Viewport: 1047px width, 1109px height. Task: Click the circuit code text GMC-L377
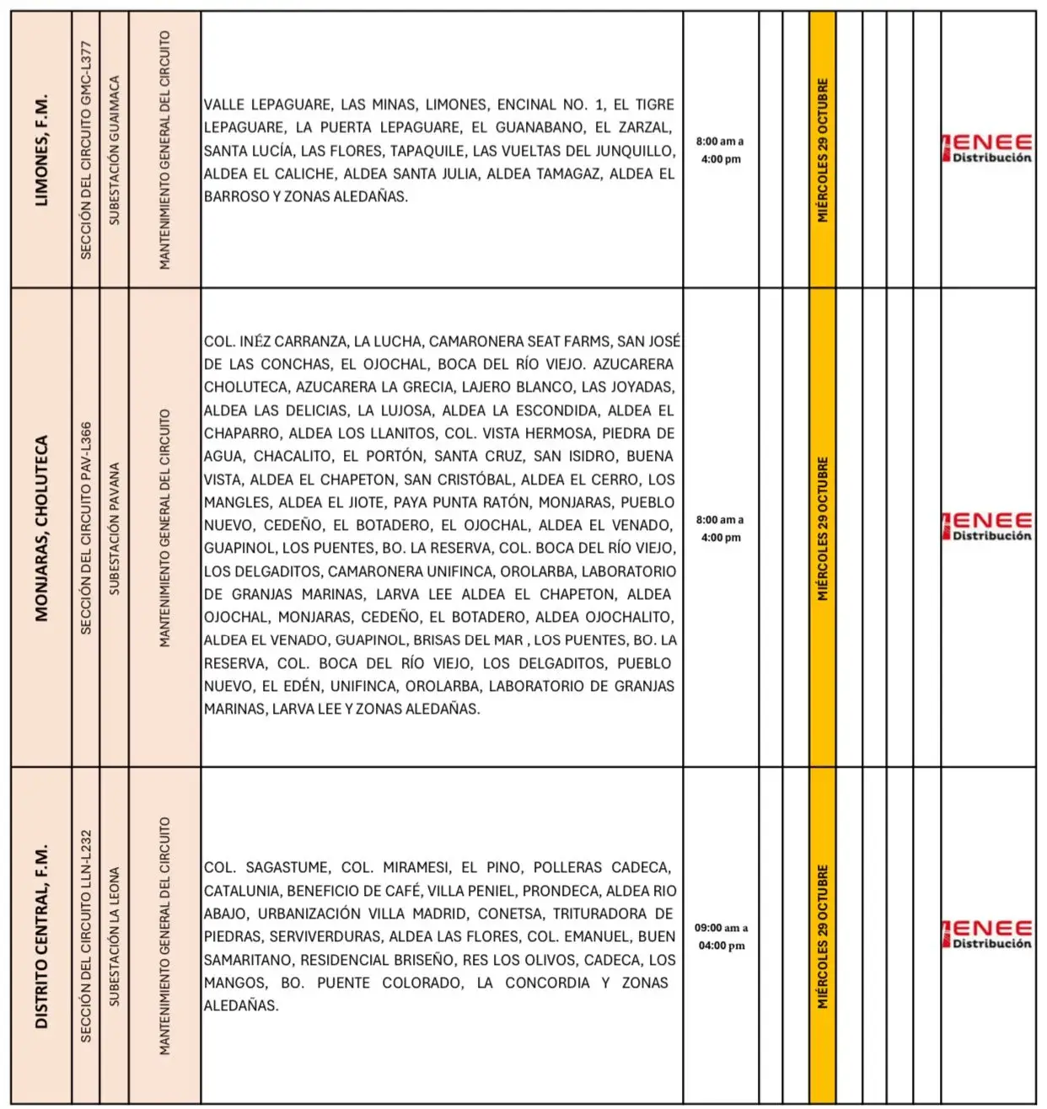[x=85, y=75]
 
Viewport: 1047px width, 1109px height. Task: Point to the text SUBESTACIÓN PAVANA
[x=114, y=528]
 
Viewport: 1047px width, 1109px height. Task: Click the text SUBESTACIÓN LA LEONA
[x=114, y=936]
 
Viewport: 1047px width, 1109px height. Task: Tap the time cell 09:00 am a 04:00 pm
[x=721, y=936]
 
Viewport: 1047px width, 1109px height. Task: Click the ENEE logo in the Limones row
[x=988, y=148]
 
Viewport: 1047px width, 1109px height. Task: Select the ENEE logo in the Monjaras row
[x=988, y=527]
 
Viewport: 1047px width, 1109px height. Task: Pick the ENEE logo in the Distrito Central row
[x=988, y=935]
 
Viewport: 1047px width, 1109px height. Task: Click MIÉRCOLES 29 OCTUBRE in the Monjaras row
[x=822, y=528]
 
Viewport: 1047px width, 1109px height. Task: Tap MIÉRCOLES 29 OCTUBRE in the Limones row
[x=822, y=150]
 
